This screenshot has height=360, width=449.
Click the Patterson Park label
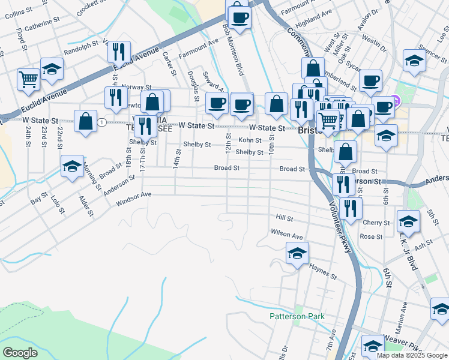[297, 316]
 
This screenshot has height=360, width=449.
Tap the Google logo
[20, 353]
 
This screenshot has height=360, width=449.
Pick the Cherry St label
[376, 223]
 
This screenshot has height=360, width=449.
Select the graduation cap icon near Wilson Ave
[297, 254]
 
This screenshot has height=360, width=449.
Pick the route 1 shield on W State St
[103, 123]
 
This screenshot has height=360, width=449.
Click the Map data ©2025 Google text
[412, 355]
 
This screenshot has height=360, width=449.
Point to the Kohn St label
[250, 140]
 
